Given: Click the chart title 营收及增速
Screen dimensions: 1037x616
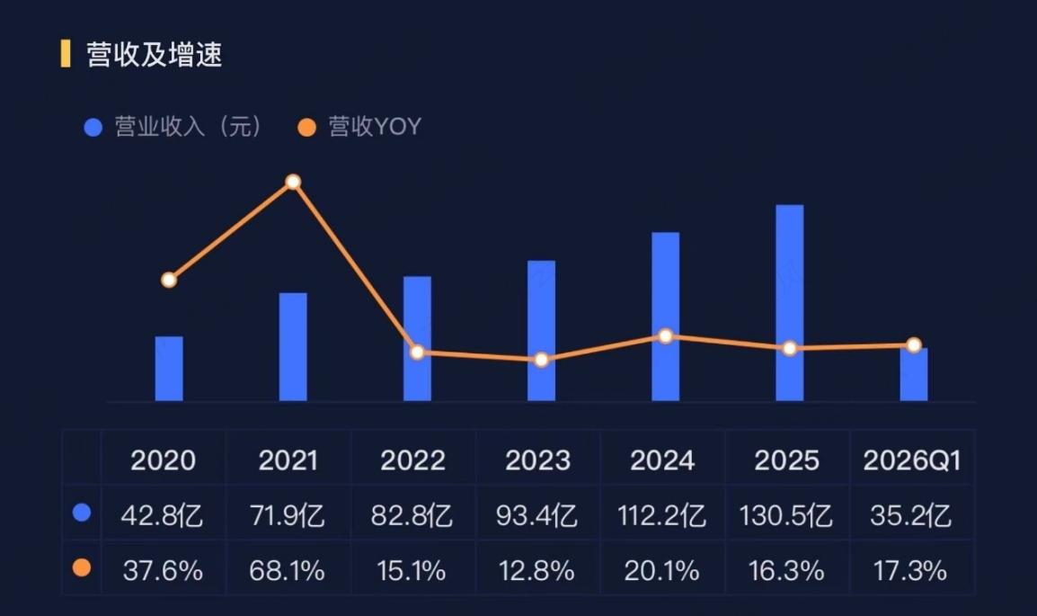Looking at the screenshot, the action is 154,54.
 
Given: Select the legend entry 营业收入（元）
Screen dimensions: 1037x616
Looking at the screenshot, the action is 174,127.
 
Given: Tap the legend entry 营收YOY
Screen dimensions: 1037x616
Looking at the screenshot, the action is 359,127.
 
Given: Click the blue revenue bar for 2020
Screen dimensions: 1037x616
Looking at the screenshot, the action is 169,369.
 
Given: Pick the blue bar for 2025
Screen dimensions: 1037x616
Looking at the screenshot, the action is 790,303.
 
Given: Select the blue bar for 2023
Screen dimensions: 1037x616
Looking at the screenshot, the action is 541,331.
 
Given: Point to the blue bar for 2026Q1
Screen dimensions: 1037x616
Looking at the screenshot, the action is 913,374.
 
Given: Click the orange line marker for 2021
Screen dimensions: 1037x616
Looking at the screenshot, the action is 293,182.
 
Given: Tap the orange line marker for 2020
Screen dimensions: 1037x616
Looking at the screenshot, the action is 169,280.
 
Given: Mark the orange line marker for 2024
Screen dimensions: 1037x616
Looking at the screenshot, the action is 666,336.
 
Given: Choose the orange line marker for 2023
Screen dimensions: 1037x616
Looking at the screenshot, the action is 542,360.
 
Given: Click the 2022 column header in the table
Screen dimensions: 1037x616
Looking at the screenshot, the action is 412,460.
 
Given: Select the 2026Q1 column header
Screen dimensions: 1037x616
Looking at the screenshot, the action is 911,460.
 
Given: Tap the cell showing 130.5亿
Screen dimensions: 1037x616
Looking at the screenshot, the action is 786,515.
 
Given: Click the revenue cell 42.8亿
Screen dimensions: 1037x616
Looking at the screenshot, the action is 162,515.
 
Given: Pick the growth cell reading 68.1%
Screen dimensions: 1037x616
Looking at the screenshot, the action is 287,570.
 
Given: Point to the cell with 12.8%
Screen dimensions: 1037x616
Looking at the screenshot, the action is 537,570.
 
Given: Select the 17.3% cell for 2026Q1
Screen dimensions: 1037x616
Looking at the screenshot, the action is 910,570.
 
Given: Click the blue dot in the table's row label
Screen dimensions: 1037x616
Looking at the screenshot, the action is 82,513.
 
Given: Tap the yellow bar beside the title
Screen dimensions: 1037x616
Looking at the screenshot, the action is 66,54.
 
